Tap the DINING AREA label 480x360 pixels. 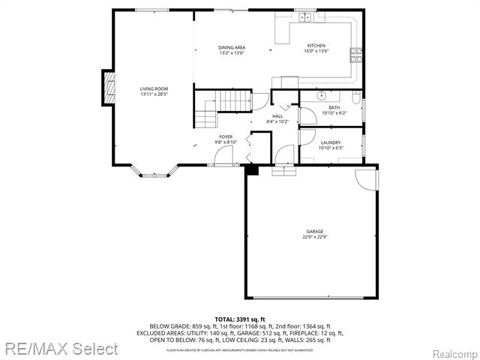coord(232,47)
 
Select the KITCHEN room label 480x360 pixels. coord(315,47)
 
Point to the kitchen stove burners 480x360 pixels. coord(356,53)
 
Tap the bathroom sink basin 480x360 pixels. coord(321,96)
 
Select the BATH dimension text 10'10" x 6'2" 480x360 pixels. coord(334,113)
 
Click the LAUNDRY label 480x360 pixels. coord(330,142)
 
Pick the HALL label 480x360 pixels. coord(277,116)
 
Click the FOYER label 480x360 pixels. coord(226,136)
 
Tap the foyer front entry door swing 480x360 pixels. coord(223,156)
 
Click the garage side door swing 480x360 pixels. coord(366,179)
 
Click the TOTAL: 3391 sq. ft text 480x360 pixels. coord(239,319)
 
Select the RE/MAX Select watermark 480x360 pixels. coord(60,349)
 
